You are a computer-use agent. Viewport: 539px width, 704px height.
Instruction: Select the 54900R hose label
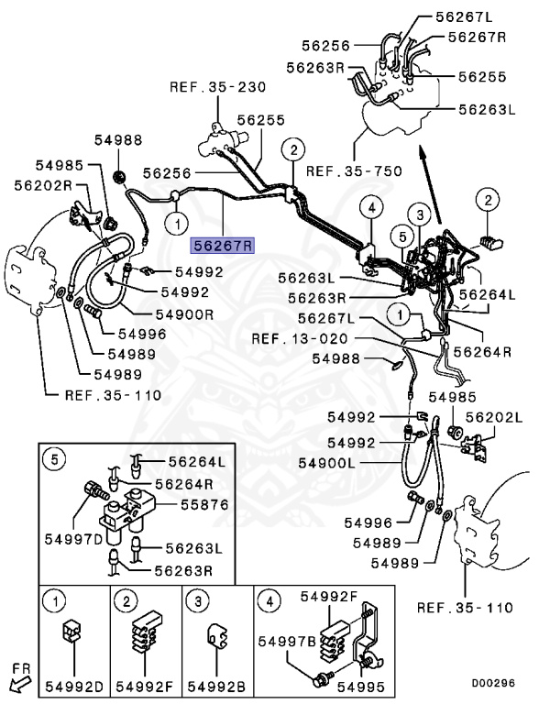(x=185, y=313)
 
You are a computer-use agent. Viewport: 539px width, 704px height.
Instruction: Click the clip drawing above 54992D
(x=71, y=632)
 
